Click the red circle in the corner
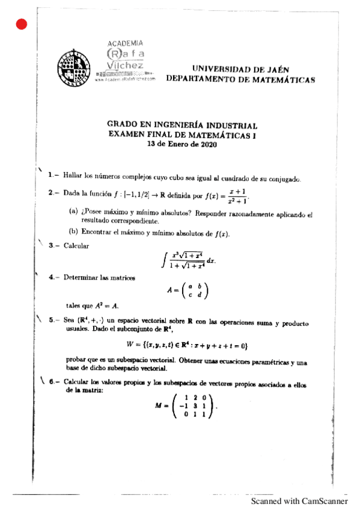coord(22,24)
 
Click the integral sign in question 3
coord(164,260)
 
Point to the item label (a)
coord(74,214)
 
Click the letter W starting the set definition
coord(130,345)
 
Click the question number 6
coord(53,381)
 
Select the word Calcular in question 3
coord(76,245)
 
